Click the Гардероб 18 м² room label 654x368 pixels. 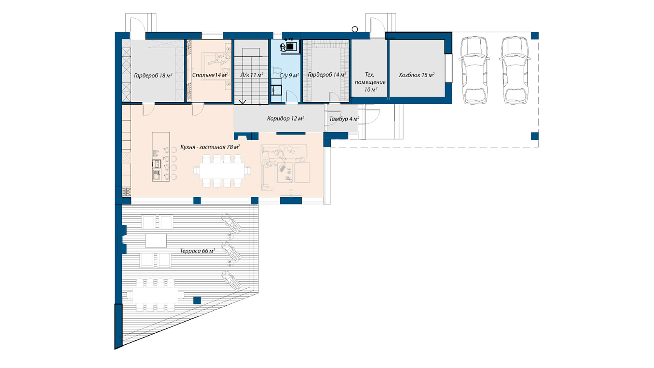(153, 76)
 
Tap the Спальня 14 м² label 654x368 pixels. (210, 75)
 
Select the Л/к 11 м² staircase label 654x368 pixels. (252, 75)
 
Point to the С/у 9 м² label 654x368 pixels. (289, 75)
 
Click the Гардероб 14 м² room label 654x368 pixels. (327, 75)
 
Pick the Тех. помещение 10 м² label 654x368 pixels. (370, 82)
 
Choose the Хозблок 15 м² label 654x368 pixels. (417, 75)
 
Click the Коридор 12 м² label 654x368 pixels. (286, 118)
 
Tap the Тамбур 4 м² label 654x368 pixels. (344, 119)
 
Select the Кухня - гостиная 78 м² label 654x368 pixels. (210, 147)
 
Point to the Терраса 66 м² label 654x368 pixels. (197, 251)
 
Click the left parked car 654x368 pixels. (474, 70)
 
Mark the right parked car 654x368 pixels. (515, 70)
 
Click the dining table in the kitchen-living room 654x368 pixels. (222, 171)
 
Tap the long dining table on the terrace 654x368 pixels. (155, 296)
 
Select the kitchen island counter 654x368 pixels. (161, 157)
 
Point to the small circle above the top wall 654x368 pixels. (355, 29)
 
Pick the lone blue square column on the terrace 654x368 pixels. (197, 301)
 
